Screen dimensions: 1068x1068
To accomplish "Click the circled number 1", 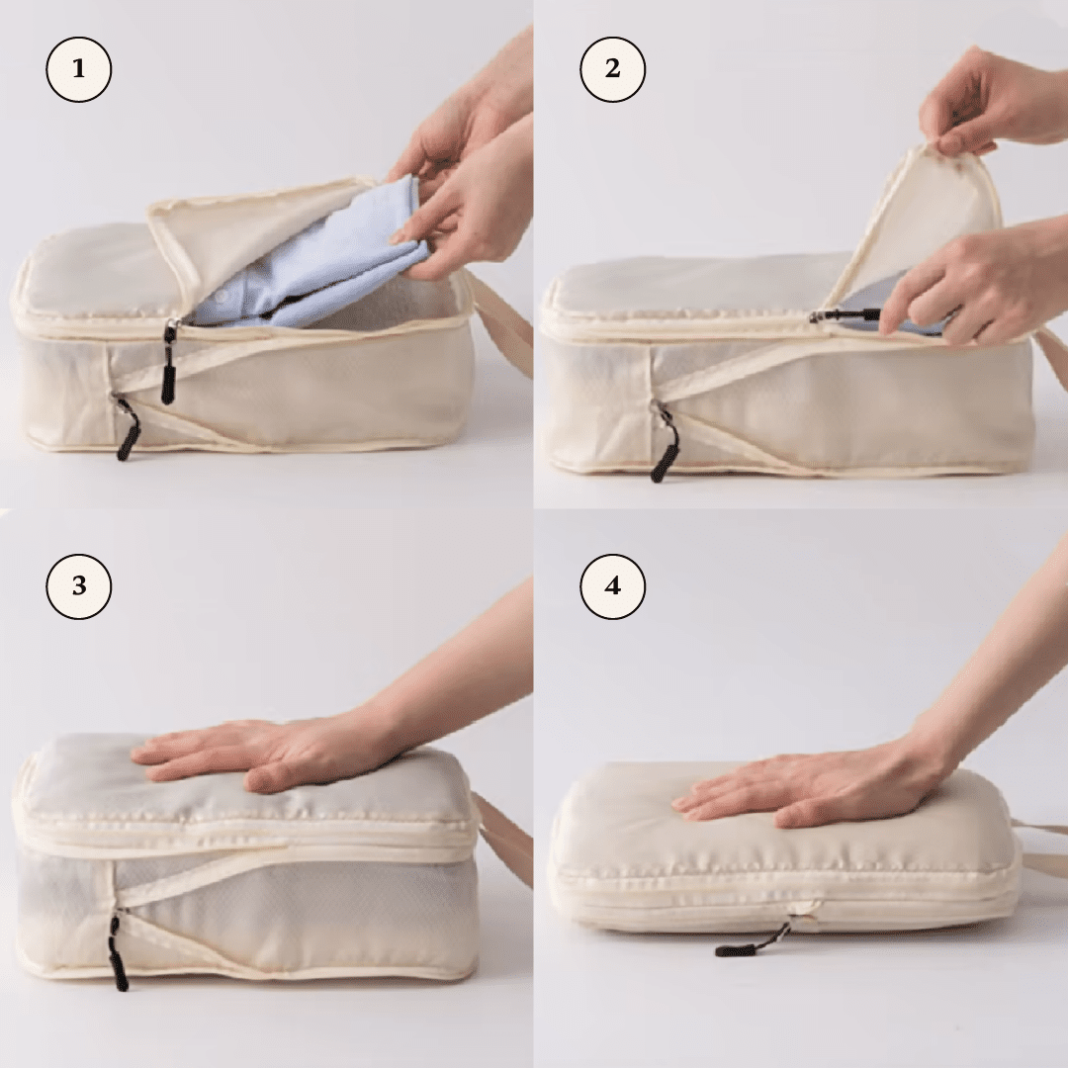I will pos(79,70).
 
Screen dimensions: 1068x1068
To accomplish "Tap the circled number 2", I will pos(612,70).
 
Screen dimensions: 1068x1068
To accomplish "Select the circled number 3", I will pos(79,586).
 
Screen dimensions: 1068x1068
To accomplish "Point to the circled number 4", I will pos(612,586).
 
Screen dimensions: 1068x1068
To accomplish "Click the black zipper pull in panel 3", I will pos(118,954).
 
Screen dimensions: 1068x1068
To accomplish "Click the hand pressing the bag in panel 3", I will pos(267,752).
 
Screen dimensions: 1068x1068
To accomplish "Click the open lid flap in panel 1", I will pos(247,222).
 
